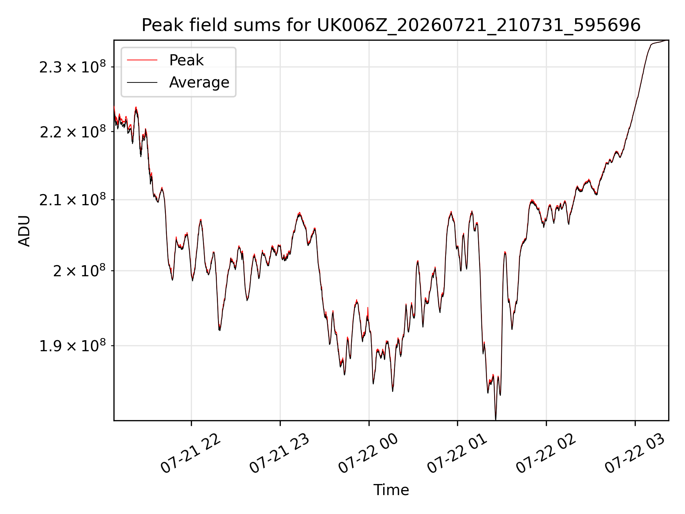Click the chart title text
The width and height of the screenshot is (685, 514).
391,25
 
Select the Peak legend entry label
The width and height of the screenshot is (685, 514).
186,60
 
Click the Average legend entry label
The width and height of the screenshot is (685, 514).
199,82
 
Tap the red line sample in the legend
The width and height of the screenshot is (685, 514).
142,60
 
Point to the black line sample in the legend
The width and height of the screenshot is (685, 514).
142,82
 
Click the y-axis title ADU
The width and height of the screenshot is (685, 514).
24,231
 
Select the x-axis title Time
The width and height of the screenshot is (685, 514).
391,490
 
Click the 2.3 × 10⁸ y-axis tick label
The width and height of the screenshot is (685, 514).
72,67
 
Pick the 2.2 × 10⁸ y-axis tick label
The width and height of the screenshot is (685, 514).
72,132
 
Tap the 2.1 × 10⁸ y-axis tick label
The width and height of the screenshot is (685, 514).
72,200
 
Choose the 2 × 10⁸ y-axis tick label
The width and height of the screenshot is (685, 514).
79,271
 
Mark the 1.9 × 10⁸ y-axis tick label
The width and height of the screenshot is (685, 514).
72,346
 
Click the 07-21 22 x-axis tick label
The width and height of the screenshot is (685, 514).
191,453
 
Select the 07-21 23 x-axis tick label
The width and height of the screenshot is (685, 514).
279,453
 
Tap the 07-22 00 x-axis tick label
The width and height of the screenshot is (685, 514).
368,453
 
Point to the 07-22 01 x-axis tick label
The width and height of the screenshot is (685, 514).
457,453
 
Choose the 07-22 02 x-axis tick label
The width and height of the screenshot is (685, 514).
546,453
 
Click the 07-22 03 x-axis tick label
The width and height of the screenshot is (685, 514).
635,453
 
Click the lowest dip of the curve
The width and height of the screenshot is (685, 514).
496,419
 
